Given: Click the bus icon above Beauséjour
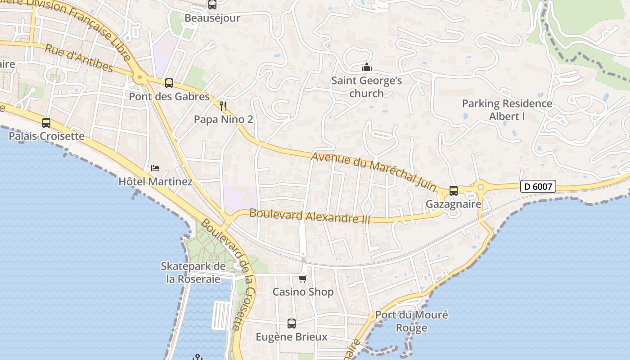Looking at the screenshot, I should click(x=212, y=5).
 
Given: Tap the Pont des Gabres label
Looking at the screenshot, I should click(x=169, y=97).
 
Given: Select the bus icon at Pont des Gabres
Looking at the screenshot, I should click(x=169, y=83).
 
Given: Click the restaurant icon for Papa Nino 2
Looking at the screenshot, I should click(x=223, y=106).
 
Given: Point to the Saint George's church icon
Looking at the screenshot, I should click(x=367, y=67).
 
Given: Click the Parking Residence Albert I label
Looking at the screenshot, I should click(x=507, y=110).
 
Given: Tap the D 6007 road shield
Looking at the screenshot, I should click(x=538, y=186).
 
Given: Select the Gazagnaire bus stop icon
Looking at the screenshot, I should click(x=454, y=191).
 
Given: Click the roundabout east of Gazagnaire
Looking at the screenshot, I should click(x=481, y=186).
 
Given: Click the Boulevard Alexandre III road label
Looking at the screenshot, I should click(x=310, y=216).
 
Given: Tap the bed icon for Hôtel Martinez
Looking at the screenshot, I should click(x=155, y=168).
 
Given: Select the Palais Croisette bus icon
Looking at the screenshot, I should click(x=46, y=122).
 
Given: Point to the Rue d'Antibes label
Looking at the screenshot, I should click(x=79, y=58).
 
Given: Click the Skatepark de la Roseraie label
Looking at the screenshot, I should click(x=193, y=273).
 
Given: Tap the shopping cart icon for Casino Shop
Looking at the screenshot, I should click(x=303, y=279).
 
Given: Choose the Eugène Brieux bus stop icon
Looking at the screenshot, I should click(x=292, y=323).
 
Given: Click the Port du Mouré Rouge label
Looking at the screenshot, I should click(x=412, y=321).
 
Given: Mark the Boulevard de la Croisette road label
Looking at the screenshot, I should click(x=228, y=274).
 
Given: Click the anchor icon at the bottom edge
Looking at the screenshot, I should click(x=197, y=357).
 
